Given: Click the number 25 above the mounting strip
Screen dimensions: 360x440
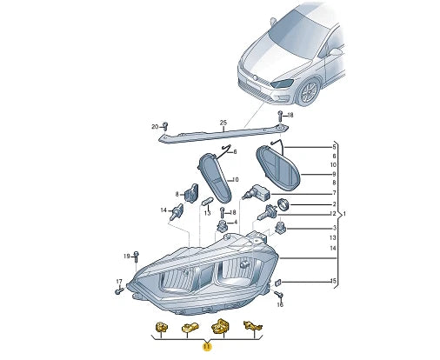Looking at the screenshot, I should (x=223, y=122).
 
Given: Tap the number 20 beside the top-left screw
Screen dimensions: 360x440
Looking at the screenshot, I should (x=155, y=127).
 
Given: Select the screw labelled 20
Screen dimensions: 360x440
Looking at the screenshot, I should (x=166, y=128).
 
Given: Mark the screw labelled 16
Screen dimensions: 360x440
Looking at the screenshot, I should (x=278, y=294).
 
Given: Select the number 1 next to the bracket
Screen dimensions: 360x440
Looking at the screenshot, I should (x=345, y=215).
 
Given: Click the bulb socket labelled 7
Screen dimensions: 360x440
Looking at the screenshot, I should (x=259, y=194).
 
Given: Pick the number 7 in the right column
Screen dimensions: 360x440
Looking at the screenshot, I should (x=333, y=192).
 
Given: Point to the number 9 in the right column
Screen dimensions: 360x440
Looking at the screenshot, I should (x=333, y=173).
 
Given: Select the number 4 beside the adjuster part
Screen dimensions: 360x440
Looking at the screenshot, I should (x=233, y=223).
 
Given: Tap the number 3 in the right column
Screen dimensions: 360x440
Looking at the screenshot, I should (x=333, y=228).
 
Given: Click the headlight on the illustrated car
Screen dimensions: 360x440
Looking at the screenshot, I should (x=283, y=83).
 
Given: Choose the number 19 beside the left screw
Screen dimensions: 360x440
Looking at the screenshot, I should (x=126, y=256).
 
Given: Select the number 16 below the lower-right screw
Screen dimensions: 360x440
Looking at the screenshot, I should (x=279, y=305).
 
